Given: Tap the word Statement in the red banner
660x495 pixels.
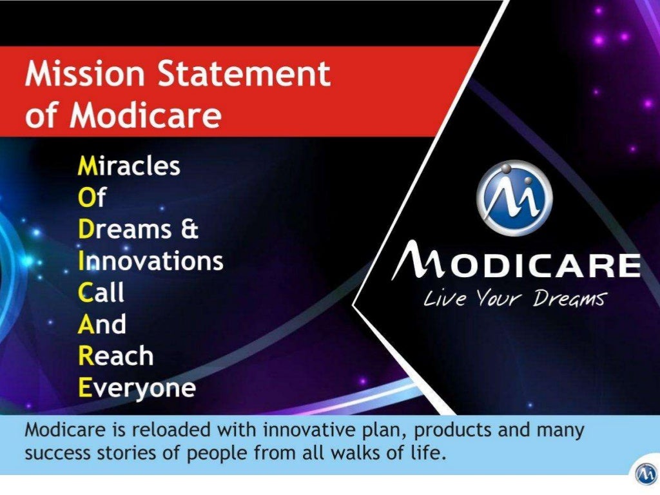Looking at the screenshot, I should tap(244, 75).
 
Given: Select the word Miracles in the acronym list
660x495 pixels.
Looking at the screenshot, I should tap(129, 166).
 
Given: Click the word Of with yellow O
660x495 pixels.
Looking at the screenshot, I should tap(92, 198).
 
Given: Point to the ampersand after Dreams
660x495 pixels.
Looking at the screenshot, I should tap(189, 229).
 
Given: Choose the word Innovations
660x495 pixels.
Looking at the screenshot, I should tap(150, 261).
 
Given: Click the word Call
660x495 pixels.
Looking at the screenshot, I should tap(101, 293).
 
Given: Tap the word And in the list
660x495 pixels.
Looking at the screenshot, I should tap(102, 324).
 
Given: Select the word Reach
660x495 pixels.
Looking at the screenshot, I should tap(115, 356).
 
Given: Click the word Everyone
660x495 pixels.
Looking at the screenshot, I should tap(137, 388).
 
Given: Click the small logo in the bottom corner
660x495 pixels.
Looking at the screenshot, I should tap(645, 474).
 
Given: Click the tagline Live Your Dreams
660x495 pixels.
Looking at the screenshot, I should tap(514, 299).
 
